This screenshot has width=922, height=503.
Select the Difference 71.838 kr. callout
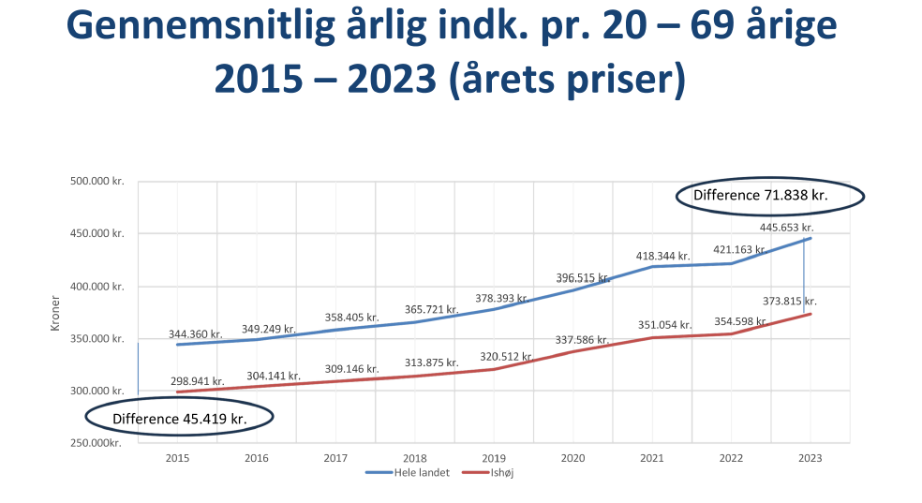click(760, 195)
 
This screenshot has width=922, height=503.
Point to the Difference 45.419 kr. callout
click(179, 418)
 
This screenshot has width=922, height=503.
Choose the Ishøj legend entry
click(499, 473)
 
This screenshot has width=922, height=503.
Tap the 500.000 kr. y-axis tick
click(97, 182)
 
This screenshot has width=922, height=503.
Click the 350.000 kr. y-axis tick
click(97, 338)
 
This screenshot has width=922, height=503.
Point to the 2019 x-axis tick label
click(493, 458)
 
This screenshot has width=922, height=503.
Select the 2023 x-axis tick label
click(810, 458)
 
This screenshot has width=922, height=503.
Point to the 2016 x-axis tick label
click(256, 458)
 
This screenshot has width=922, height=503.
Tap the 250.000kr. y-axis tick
click(97, 442)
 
